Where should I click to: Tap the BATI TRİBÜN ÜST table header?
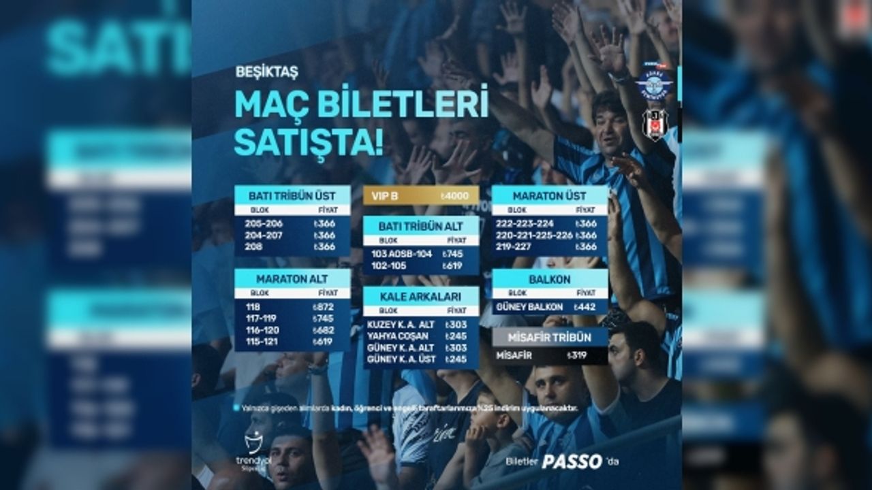(x=292, y=195)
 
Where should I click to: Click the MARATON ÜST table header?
(x=550, y=195)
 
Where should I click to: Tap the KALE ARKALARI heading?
(x=420, y=296)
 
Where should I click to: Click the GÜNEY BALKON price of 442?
(x=585, y=307)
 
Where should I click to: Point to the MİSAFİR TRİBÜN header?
(x=550, y=338)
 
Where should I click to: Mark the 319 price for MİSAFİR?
(x=577, y=355)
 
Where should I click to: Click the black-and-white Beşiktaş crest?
(x=655, y=123)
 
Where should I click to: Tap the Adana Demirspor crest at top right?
(x=655, y=82)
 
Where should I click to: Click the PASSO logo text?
(x=572, y=462)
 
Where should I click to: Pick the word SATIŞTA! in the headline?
(x=309, y=141)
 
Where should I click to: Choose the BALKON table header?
(x=550, y=279)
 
